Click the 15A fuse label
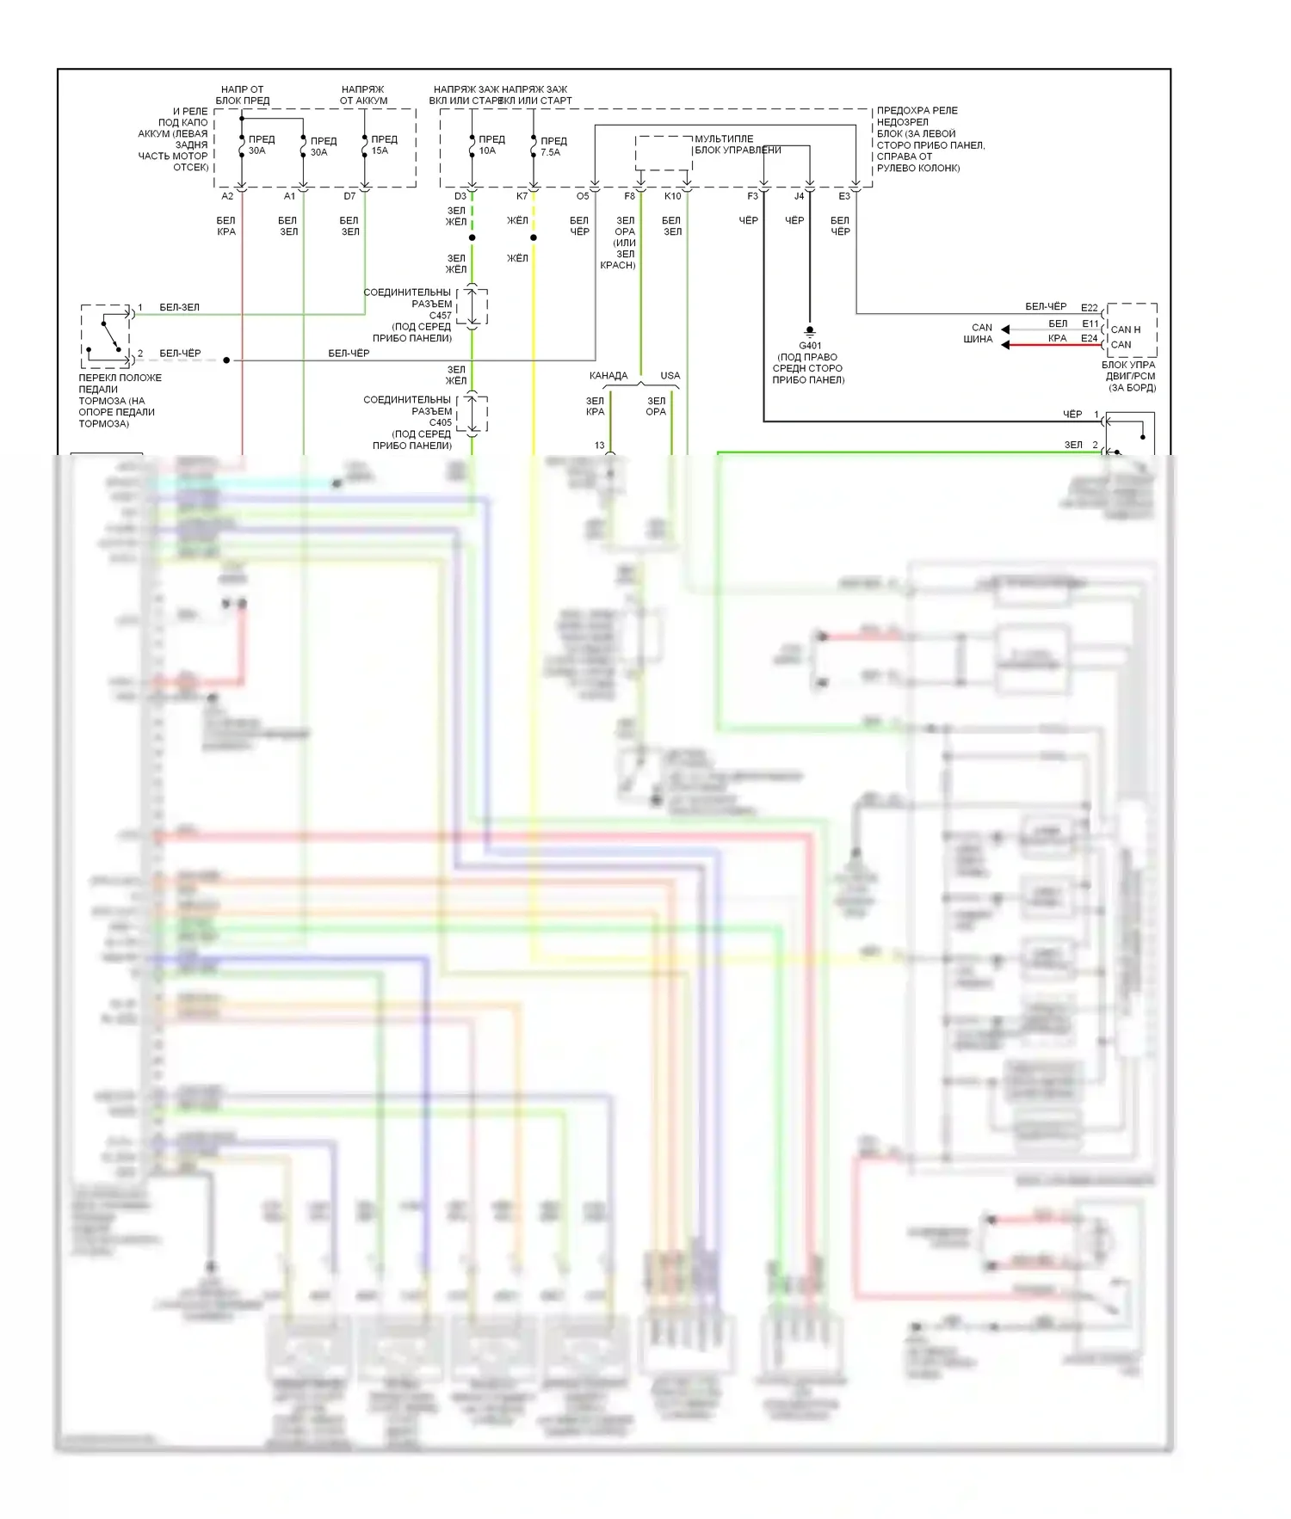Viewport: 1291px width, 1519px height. coord(380,151)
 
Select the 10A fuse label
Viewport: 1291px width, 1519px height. coord(487,151)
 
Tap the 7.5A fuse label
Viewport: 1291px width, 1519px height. coord(550,152)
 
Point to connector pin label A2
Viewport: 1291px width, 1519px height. coord(227,196)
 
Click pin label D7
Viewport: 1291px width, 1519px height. coord(349,196)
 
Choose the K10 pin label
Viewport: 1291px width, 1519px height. coord(672,196)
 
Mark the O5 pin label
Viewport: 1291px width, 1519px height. coord(583,196)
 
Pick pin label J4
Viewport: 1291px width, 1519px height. coord(799,196)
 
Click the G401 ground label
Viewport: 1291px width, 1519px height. coord(810,346)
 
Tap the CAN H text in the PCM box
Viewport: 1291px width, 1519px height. coord(1125,329)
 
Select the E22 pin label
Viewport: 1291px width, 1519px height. coord(1090,308)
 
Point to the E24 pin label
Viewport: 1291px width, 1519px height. coord(1090,338)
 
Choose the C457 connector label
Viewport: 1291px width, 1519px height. coord(440,316)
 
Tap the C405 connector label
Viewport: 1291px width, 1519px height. coord(440,422)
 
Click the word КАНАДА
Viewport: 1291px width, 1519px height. coord(608,376)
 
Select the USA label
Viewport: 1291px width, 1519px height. coord(670,376)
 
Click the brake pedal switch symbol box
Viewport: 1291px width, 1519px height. coord(106,335)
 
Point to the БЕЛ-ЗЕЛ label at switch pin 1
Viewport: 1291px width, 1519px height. coord(179,307)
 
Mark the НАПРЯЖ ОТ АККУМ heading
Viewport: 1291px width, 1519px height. coord(363,95)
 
